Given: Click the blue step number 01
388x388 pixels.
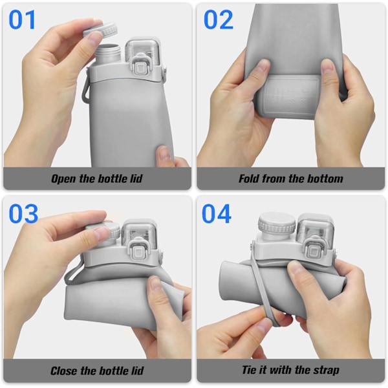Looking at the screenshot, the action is (x=22, y=20).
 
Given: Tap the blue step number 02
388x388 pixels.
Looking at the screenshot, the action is (x=219, y=20).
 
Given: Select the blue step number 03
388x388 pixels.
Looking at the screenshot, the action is (x=23, y=213).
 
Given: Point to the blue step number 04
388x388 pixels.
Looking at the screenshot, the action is (x=217, y=213).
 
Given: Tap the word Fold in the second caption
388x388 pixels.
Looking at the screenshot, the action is (x=249, y=178).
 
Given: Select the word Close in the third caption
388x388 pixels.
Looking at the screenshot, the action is (x=64, y=371).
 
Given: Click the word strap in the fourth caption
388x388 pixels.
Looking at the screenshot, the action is (x=326, y=371).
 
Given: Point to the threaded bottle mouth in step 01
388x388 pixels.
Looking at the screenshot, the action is (x=107, y=53).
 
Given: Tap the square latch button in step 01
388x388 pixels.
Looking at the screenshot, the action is (x=140, y=67).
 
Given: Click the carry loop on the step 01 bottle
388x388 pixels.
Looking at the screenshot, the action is (x=86, y=87).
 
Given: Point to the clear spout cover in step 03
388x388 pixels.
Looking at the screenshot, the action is (x=139, y=234).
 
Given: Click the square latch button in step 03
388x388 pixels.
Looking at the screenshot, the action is (x=138, y=252).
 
